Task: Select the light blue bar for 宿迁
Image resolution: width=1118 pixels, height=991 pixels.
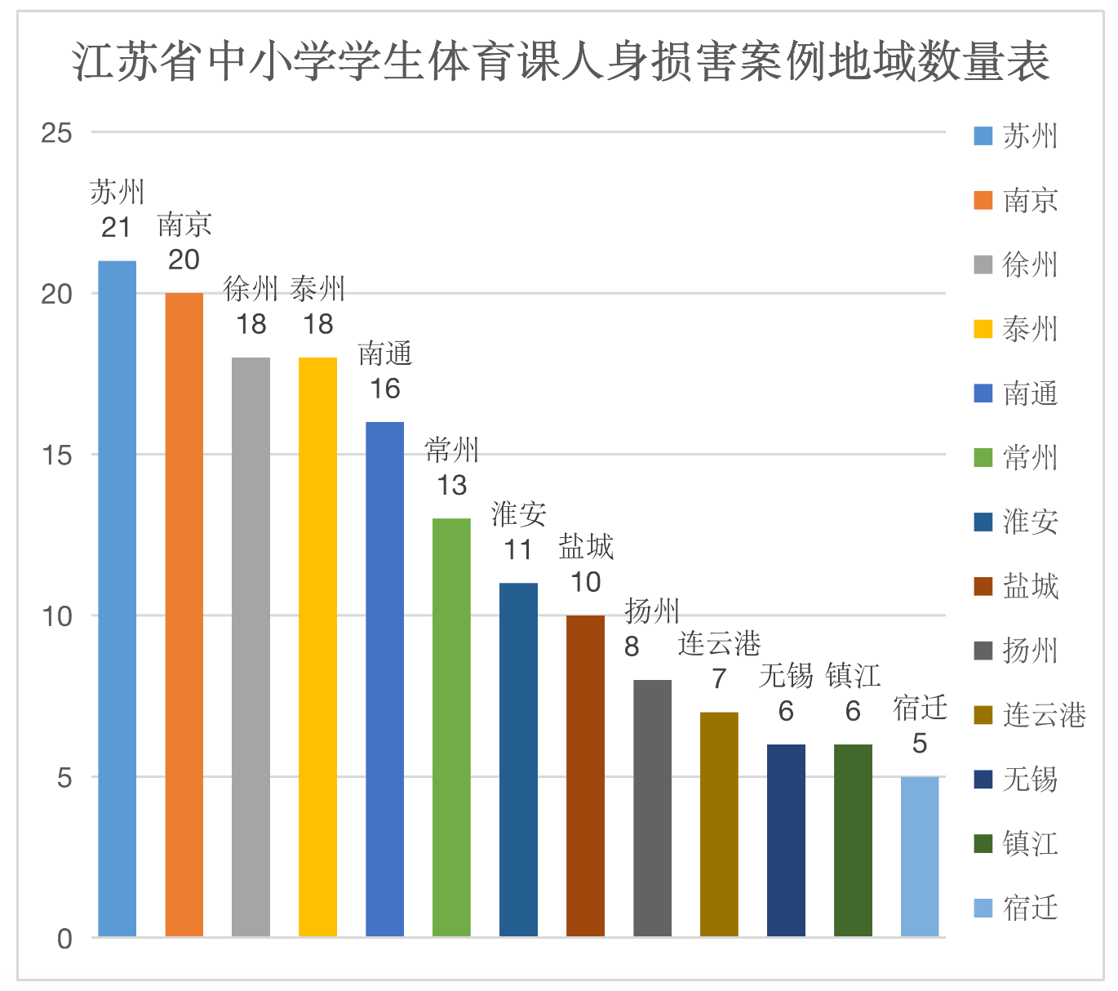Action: click(920, 856)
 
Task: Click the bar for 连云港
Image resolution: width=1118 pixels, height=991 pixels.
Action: click(719, 824)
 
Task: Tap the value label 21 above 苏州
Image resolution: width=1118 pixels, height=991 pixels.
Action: click(117, 228)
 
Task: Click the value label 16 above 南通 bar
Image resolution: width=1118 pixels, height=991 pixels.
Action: click(384, 389)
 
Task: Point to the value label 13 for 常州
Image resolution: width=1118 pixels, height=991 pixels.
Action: click(451, 486)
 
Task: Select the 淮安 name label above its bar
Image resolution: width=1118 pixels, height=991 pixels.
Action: click(518, 515)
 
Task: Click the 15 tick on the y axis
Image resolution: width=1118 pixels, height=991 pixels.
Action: click(57, 456)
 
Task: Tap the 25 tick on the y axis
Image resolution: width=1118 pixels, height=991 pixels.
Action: click(57, 133)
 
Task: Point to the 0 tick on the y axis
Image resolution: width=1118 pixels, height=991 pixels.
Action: click(64, 939)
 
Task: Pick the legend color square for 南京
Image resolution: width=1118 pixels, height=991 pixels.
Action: click(983, 200)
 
